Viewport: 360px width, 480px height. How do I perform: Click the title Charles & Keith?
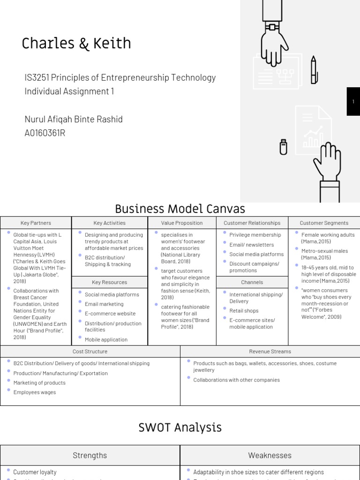pos(76,44)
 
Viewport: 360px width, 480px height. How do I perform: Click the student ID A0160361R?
pos(45,133)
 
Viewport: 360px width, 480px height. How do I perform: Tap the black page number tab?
pos(353,101)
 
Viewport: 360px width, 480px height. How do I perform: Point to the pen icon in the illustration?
pos(314,70)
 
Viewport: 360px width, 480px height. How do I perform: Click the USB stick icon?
pos(283,147)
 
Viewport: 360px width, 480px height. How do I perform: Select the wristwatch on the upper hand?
pos(271,27)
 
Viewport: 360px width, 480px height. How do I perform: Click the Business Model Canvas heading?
pos(180,209)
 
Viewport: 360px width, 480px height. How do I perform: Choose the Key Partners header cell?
pos(36,223)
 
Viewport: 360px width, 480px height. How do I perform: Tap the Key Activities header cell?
pos(110,223)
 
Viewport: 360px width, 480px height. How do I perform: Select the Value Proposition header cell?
pos(182,223)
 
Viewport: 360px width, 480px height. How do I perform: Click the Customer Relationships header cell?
pos(252,223)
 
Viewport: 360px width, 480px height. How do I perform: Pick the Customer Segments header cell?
pos(324,223)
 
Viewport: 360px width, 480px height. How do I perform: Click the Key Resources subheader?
pos(110,282)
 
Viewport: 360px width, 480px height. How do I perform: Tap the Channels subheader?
pos(252,282)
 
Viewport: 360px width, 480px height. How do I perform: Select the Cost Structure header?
pos(90,351)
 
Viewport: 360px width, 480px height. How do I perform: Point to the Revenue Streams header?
pos(270,351)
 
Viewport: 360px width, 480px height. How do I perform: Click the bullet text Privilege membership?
pos(255,235)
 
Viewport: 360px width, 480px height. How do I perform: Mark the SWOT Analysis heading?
pos(180,427)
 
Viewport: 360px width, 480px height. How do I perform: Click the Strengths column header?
pos(90,455)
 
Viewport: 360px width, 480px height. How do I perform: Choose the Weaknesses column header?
pos(270,455)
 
